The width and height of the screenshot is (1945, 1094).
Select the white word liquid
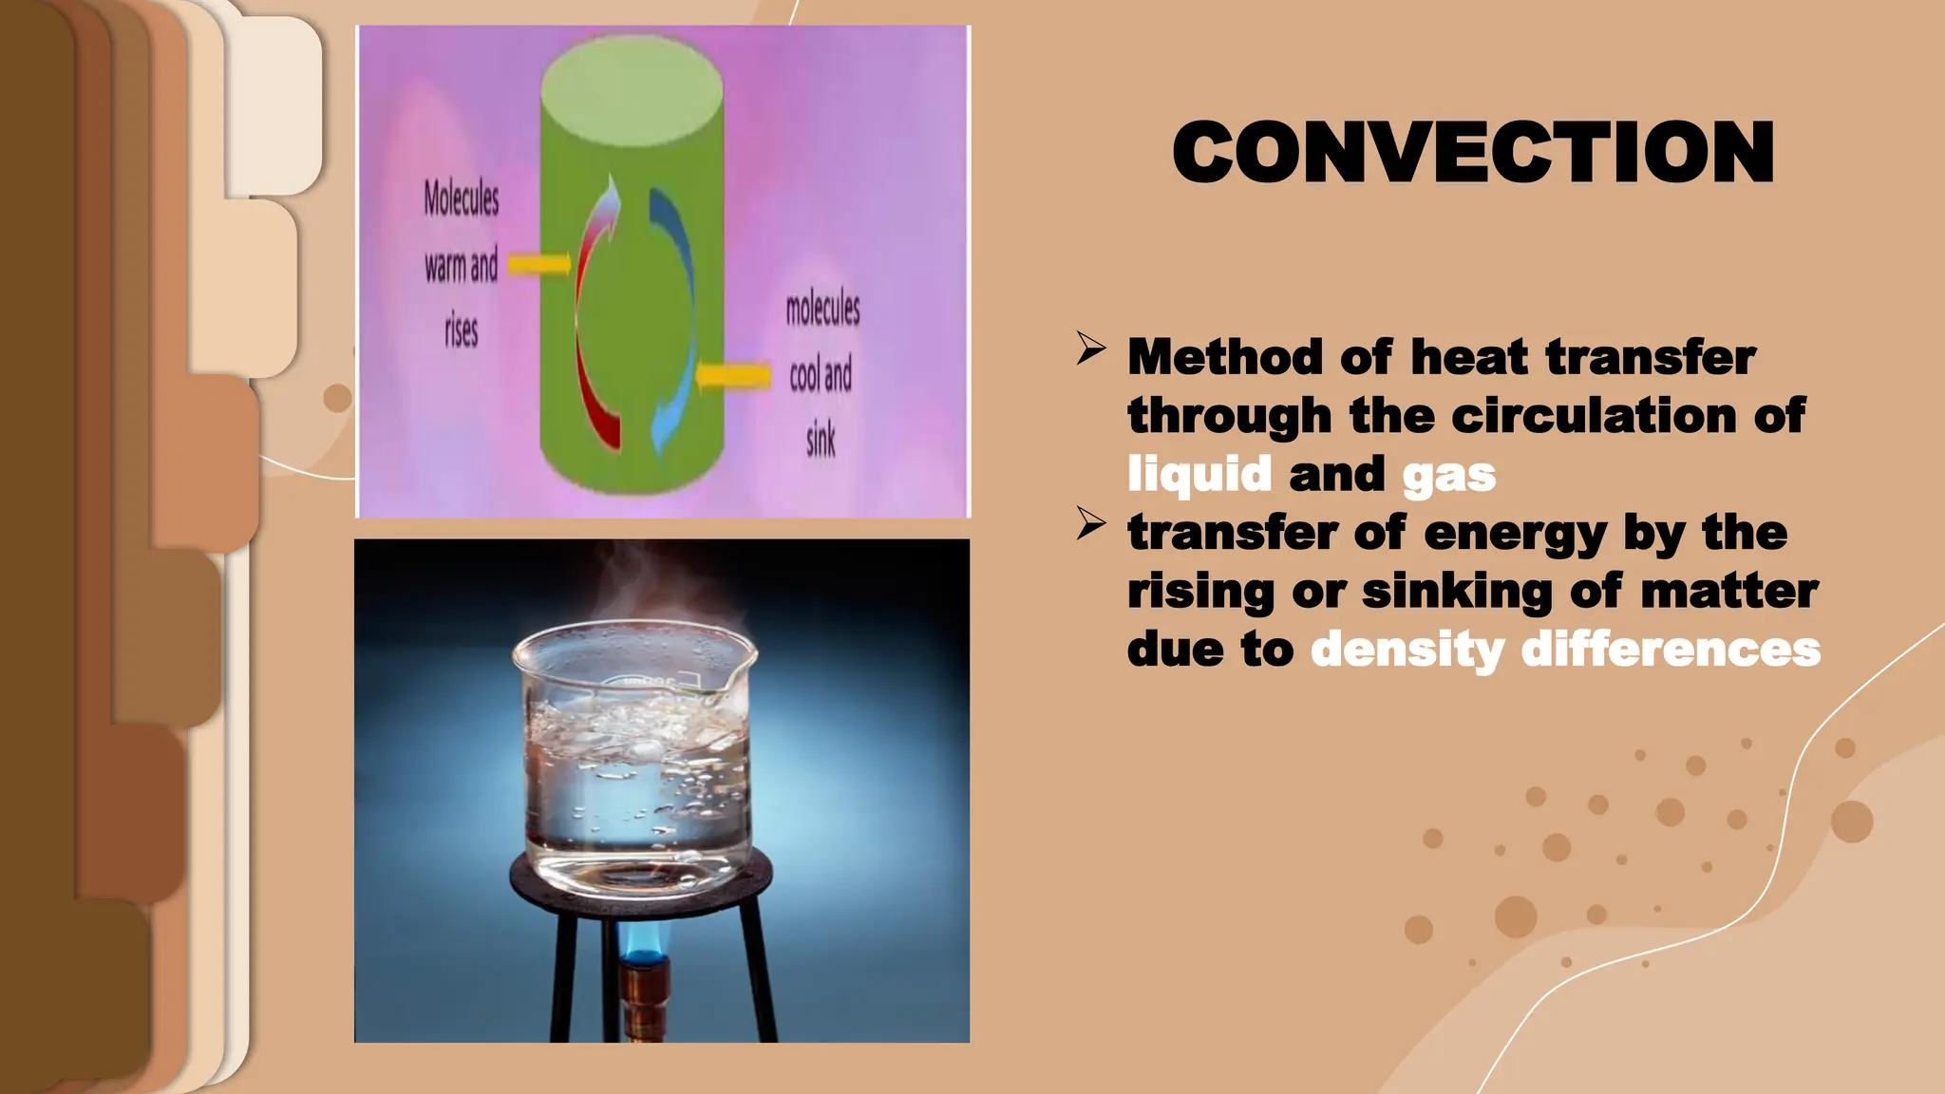coord(1199,474)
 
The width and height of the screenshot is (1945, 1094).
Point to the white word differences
coord(1671,650)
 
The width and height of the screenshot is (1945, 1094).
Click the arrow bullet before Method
coord(1091,349)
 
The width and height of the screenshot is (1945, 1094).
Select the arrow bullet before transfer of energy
coord(1091,524)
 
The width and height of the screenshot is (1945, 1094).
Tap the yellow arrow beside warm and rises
coord(539,264)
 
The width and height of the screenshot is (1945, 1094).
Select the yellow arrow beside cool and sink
coord(733,377)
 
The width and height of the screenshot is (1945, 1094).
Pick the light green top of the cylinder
coord(632,81)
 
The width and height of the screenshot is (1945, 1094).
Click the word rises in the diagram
coord(462,330)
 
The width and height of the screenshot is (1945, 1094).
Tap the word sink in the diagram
coord(821,440)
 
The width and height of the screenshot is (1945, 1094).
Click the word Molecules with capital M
coord(462,198)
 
